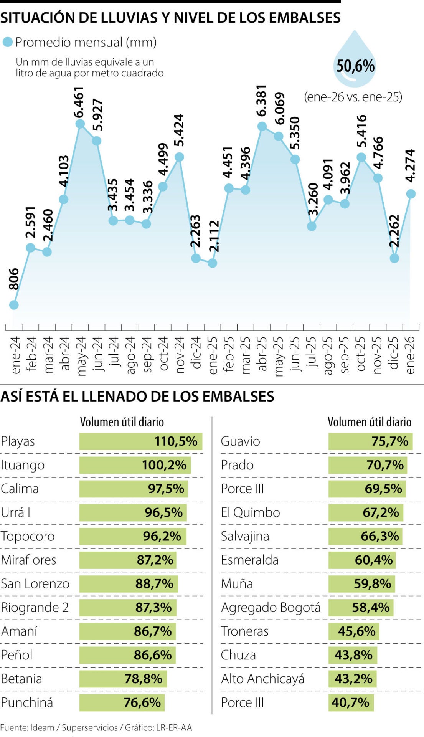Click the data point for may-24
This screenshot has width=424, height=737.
[x=80, y=124]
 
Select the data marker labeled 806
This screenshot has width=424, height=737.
[x=14, y=305]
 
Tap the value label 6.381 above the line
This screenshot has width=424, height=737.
[x=261, y=101]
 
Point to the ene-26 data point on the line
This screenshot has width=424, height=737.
[x=411, y=194]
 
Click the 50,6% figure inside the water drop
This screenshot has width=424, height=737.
[x=355, y=66]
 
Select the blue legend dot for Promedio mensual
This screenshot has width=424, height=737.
[x=8, y=42]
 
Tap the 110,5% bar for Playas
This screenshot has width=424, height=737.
[x=140, y=441]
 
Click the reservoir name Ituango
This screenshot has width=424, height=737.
[x=23, y=465]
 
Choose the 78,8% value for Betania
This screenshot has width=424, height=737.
[x=143, y=679]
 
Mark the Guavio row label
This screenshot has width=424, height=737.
[x=240, y=441]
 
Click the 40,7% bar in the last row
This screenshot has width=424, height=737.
[x=350, y=702]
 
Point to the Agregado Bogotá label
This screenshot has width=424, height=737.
[x=271, y=608]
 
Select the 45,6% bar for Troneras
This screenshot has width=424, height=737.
[x=353, y=631]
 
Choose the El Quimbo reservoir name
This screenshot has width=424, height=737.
[x=250, y=513]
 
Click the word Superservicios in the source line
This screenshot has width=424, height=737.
[x=89, y=727]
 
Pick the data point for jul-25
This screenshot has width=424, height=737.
[x=312, y=226]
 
